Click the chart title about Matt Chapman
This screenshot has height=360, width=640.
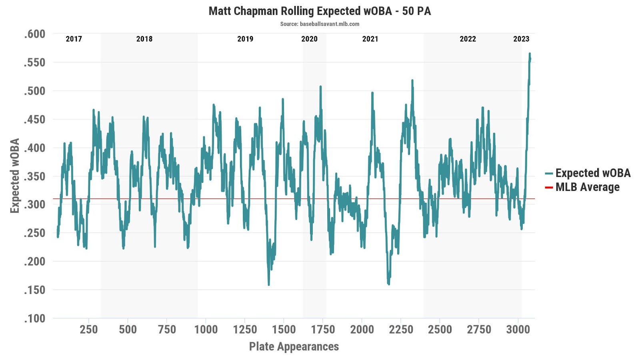click(320, 11)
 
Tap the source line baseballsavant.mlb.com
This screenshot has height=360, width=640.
click(320, 24)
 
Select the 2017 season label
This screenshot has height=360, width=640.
click(74, 39)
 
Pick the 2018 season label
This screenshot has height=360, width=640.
click(144, 39)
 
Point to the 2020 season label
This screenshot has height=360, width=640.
click(309, 39)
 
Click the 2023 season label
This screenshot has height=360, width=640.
click(521, 39)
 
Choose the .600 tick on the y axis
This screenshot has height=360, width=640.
click(34, 34)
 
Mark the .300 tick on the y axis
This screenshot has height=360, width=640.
click(34, 204)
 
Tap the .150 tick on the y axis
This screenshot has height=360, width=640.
click(34, 290)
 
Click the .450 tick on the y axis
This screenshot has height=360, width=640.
click(34, 119)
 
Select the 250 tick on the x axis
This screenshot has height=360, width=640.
click(88, 330)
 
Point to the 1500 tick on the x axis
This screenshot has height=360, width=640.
click(284, 330)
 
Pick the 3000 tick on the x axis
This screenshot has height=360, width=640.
click(518, 330)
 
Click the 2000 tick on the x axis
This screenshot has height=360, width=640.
click(362, 330)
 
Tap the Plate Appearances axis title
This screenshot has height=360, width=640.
click(294, 346)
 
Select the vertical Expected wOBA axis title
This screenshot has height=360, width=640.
click(15, 176)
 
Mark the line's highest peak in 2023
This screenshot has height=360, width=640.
click(530, 54)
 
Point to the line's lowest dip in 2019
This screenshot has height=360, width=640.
click(268, 284)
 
